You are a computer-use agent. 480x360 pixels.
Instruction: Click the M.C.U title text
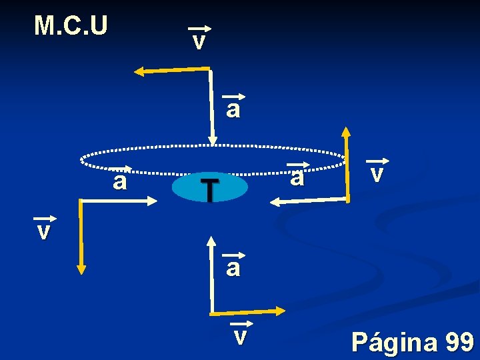tap(71, 25)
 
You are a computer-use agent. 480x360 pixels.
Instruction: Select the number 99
tap(459, 342)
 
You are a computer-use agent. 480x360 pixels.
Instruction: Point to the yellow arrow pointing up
tap(346, 163)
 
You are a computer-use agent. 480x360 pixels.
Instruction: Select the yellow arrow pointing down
tap(81, 237)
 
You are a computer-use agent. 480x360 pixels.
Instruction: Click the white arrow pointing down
tap(212, 107)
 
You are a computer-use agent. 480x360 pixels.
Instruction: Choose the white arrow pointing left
tap(309, 201)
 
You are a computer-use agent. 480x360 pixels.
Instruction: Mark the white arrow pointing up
tap(211, 273)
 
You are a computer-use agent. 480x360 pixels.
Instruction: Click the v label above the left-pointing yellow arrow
tap(199, 41)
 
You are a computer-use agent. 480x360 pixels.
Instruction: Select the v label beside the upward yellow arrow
tap(377, 173)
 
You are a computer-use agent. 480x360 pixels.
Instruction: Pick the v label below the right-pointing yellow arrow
tap(240, 335)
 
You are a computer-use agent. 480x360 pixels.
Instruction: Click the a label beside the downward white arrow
tap(233, 109)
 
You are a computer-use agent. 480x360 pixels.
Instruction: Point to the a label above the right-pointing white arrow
tap(119, 180)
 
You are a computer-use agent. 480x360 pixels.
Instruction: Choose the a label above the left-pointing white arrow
tap(297, 177)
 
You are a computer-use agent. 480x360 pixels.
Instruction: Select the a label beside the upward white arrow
tap(233, 267)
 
